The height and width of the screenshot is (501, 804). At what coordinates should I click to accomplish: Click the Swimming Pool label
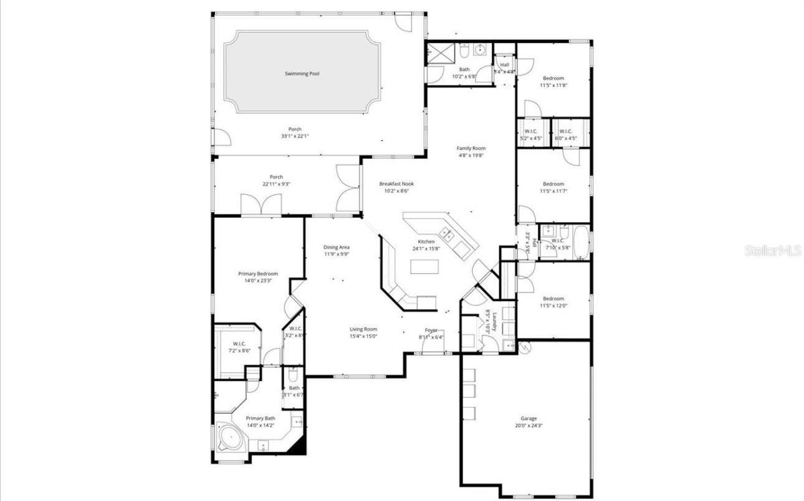pos(302,73)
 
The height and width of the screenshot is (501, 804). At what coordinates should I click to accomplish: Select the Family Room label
pos(471,148)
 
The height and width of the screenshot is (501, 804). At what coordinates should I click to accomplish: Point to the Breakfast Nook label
pos(396,184)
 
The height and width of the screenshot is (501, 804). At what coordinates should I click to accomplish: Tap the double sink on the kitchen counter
pos(447,235)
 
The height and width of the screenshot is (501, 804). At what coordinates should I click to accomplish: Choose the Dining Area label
pos(336,247)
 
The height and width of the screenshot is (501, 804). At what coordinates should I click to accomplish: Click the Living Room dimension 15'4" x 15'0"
pos(363,337)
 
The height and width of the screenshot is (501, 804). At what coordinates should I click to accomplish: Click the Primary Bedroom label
pos(257,273)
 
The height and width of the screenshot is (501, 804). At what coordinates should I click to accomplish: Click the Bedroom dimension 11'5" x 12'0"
pos(553,306)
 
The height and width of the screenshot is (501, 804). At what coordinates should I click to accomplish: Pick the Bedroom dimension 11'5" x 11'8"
pos(553,85)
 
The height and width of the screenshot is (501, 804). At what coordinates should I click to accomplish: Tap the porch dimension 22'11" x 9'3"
pos(275,184)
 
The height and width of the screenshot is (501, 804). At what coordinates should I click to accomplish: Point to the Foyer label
pos(431,330)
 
